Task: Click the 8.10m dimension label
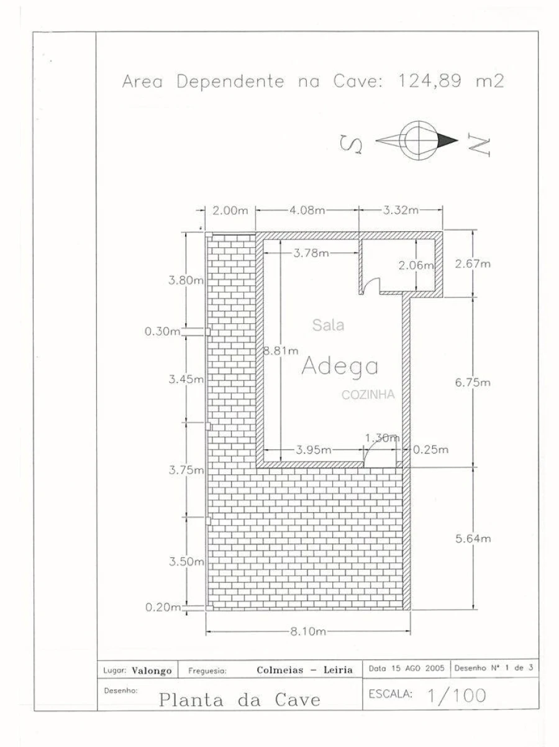tap(307, 631)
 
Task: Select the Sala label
tap(328, 325)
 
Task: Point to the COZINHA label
tap(368, 395)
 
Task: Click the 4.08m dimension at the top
tap(307, 210)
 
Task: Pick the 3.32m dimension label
tap(401, 210)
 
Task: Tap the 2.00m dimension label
tap(230, 211)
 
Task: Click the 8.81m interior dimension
tap(281, 351)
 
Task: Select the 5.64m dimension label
tap(473, 538)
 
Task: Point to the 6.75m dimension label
tap(473, 383)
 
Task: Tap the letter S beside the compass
tap(351, 144)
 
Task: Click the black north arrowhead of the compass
tap(447, 140)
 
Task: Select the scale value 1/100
tap(457, 695)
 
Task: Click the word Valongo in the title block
tap(152, 671)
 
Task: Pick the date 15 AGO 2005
tap(417, 668)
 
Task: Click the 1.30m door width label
tap(382, 438)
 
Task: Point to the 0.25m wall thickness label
tap(431, 449)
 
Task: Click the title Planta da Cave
tap(240, 700)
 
